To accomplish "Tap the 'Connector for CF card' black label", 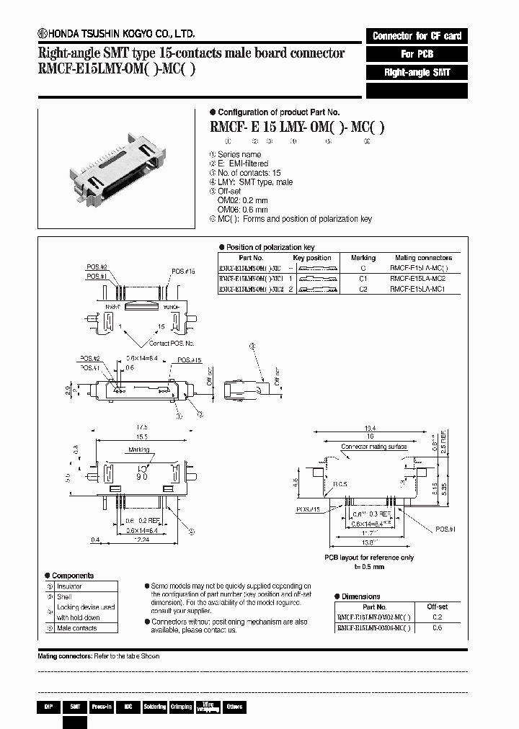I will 417,36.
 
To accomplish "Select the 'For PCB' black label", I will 417,54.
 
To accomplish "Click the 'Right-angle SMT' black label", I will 417,73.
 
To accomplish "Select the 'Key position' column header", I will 312,257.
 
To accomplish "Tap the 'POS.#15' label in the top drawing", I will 184,272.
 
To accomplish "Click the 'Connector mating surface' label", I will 374,447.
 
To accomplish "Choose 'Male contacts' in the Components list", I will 77,628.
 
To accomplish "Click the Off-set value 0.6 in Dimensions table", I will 437,627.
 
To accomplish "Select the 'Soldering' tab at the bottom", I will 154,707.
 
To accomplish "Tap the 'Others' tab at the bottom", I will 234,707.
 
